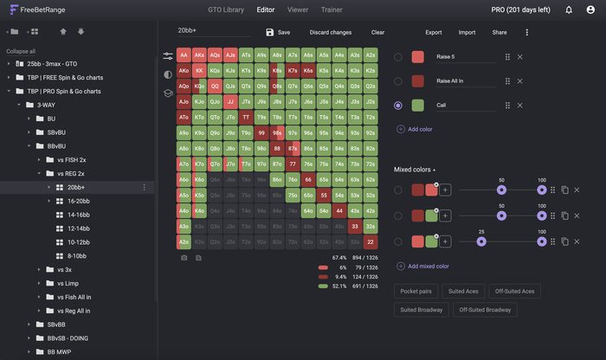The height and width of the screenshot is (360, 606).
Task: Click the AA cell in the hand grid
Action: (x=184, y=55)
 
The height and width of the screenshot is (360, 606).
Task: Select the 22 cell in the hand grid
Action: (x=371, y=241)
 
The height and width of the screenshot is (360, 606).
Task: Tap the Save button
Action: (x=278, y=32)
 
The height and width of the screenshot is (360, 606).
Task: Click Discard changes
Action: (x=330, y=32)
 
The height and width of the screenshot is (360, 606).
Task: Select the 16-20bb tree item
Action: (x=79, y=200)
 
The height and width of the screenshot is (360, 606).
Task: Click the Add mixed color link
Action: (x=428, y=266)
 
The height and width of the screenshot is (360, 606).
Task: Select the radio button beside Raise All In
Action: (x=398, y=81)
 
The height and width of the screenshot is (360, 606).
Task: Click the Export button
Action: (x=434, y=32)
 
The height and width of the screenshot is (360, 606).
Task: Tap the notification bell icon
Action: (x=569, y=10)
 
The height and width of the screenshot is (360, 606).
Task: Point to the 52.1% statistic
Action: (x=339, y=286)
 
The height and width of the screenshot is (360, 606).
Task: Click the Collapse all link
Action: (x=22, y=51)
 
